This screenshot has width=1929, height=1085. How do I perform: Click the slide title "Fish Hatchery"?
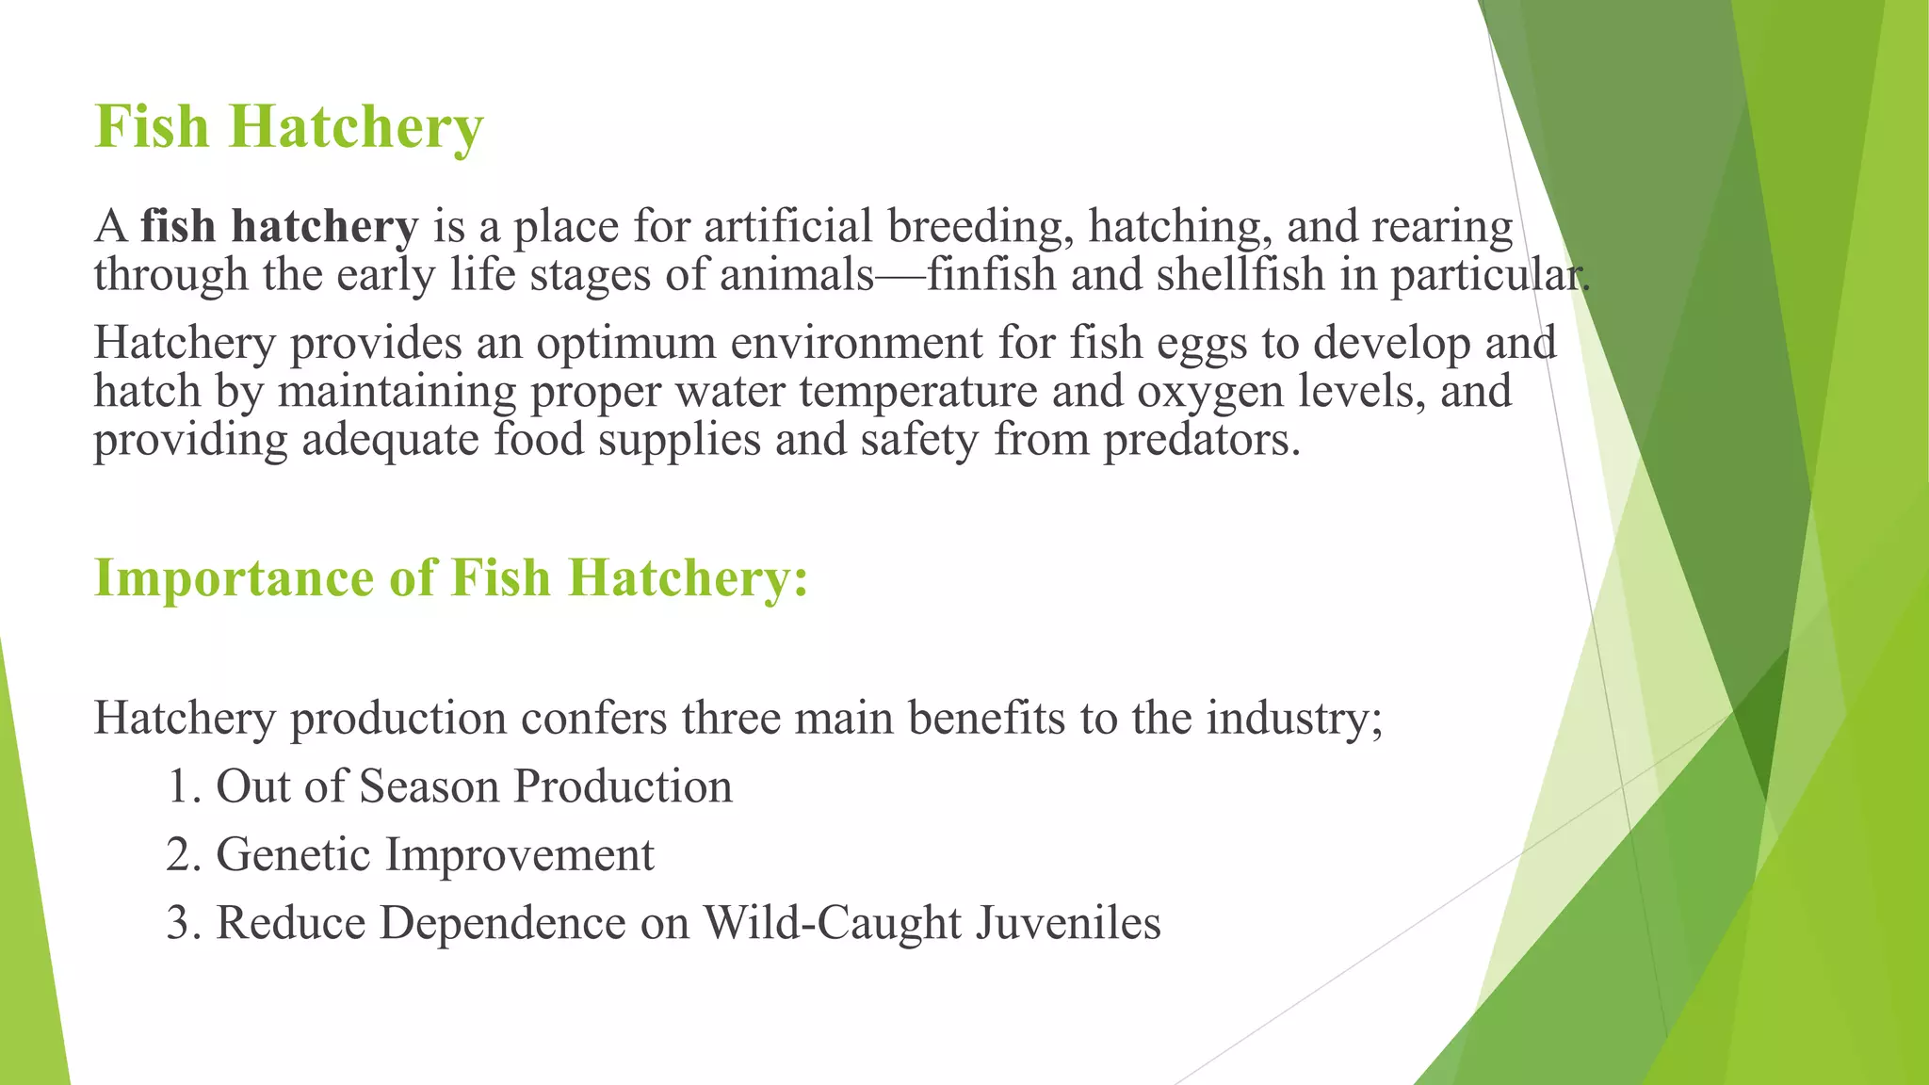tap(289, 127)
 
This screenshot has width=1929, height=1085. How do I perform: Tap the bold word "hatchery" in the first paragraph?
tap(324, 227)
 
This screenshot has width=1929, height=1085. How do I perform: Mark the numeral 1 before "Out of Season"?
tap(177, 787)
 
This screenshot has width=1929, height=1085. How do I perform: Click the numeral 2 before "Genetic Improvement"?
tap(178, 855)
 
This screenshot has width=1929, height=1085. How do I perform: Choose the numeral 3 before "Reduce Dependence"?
tap(178, 923)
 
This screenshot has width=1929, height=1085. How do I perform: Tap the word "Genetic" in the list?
tap(293, 855)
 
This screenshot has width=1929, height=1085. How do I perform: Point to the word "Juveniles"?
tap(1068, 923)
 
